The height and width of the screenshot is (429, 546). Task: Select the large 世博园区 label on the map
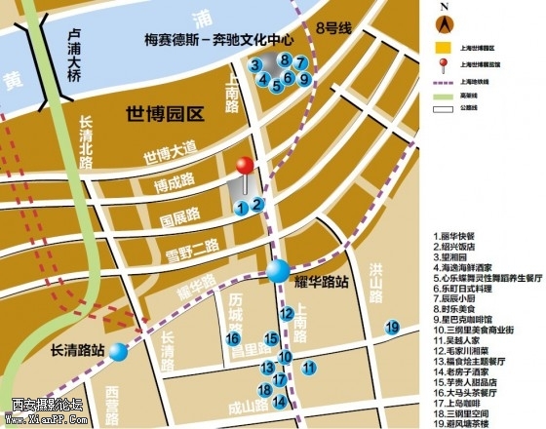[164, 114]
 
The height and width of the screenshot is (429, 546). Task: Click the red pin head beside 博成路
[245, 167]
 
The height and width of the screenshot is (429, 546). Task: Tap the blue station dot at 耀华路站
[279, 271]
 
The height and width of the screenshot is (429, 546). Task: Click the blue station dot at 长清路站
[118, 351]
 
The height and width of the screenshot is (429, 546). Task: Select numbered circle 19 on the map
[392, 327]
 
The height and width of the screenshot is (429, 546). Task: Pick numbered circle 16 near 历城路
[232, 338]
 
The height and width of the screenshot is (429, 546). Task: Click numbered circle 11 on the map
[308, 368]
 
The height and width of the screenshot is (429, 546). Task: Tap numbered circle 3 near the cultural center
[255, 64]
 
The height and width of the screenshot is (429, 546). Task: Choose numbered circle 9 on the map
[303, 79]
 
